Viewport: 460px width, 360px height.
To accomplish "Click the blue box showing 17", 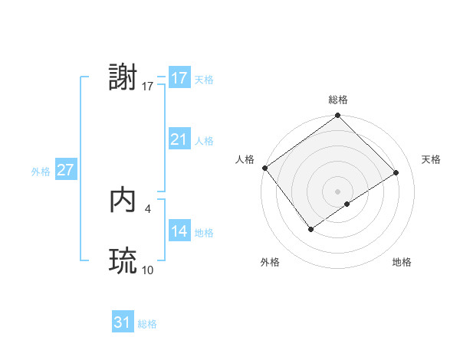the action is click(179, 78).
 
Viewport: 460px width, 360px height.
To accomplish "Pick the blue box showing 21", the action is click(179, 139).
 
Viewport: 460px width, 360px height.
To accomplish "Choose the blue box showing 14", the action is click(179, 231).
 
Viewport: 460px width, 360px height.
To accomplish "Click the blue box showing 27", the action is click(65, 170).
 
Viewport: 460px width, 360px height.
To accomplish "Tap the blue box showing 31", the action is click(123, 322).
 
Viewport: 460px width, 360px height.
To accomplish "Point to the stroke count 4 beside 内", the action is click(147, 208).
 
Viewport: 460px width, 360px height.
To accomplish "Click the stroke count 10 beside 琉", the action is click(147, 270).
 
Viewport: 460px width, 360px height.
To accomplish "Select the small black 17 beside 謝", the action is click(147, 87).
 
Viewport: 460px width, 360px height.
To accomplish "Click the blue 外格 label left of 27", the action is click(41, 172).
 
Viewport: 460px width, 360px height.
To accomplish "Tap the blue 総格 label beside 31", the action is click(147, 324).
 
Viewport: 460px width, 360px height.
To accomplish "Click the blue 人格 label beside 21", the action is click(204, 141).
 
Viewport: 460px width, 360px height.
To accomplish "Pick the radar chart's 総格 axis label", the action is click(338, 100).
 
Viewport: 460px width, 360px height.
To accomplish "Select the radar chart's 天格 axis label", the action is click(431, 159).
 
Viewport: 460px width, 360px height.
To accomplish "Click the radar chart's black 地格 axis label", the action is click(402, 262).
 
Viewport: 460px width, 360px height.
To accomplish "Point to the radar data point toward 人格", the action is click(264, 168).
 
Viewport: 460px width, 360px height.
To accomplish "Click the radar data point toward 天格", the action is click(396, 172).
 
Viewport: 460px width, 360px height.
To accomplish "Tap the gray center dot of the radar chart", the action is click(337, 191).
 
